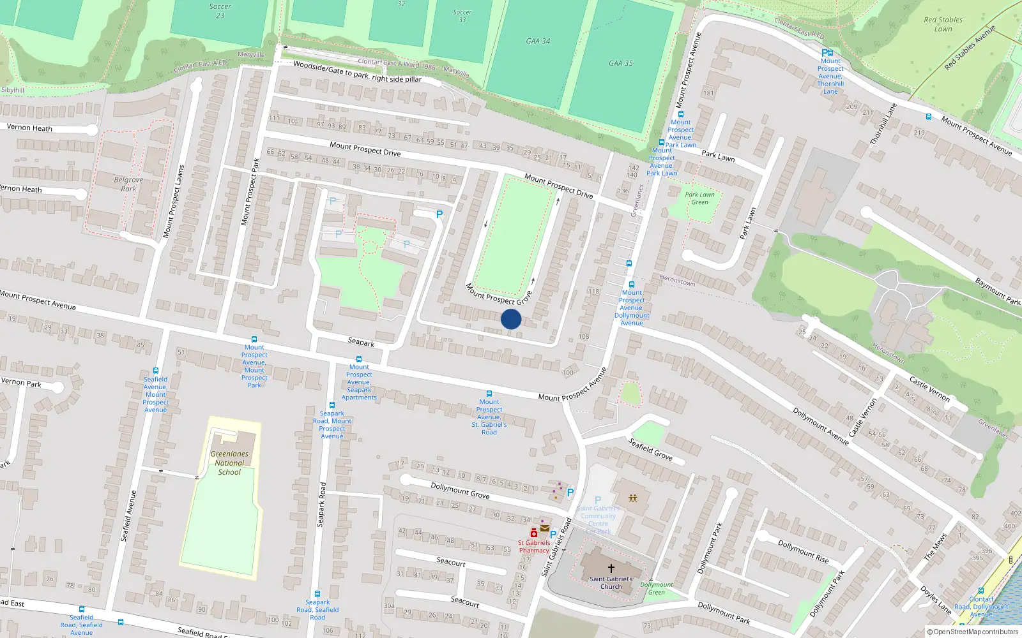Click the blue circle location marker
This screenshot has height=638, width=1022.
click(x=511, y=319)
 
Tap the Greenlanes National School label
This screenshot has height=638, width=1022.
click(x=229, y=463)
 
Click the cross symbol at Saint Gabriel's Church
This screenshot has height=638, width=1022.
click(x=611, y=568)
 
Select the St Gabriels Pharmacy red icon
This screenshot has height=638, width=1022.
click(x=534, y=533)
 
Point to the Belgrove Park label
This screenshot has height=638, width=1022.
click(x=128, y=184)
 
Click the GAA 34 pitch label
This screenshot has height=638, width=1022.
click(x=538, y=41)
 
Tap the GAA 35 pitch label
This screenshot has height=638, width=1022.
click(x=620, y=63)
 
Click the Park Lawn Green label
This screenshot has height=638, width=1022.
click(x=699, y=198)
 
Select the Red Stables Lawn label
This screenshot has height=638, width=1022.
click(x=943, y=24)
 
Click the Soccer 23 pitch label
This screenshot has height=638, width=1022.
click(x=220, y=11)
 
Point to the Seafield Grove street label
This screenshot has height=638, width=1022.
click(x=650, y=449)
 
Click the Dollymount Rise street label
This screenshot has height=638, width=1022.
click(x=803, y=551)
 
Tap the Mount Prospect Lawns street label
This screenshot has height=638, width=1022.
click(x=173, y=202)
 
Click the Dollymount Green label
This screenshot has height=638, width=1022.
click(x=657, y=588)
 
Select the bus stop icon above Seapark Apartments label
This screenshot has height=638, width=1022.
click(x=359, y=359)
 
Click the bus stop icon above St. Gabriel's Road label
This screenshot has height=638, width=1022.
click(x=489, y=394)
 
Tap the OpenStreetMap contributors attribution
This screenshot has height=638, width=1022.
click(x=972, y=632)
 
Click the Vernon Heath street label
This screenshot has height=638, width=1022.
click(x=29, y=128)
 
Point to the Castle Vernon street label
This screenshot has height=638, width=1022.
click(x=929, y=389)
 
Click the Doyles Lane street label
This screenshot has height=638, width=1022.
click(x=936, y=599)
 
